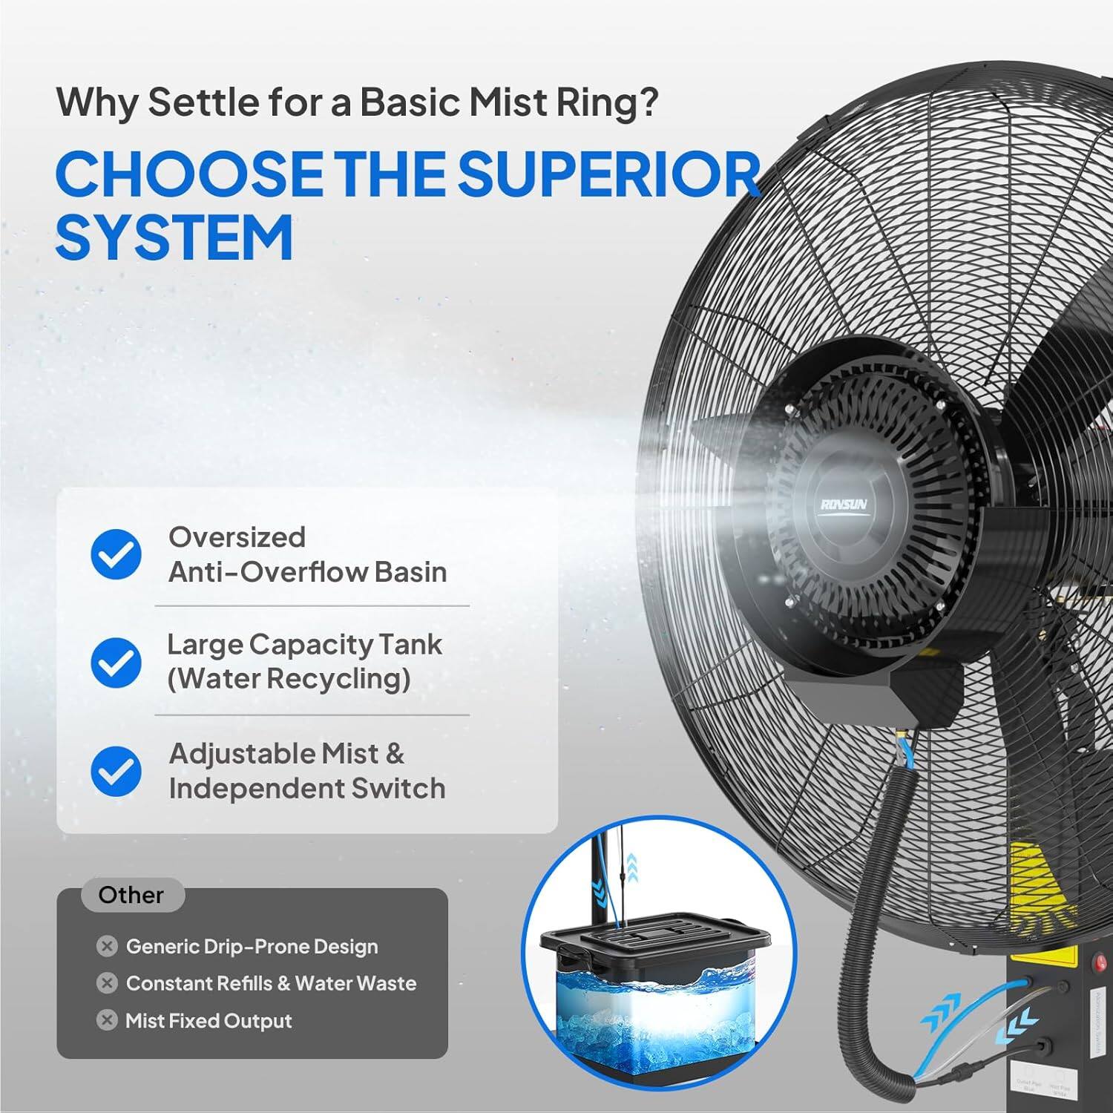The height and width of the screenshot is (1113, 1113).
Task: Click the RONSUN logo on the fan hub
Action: pos(844,505)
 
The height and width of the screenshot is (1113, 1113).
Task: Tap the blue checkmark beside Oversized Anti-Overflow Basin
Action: pos(116,554)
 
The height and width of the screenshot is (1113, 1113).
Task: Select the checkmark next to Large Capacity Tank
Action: pos(116,662)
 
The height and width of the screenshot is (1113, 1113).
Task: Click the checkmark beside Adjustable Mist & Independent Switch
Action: pos(116,771)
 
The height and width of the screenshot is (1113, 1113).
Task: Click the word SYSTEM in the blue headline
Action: pos(174,237)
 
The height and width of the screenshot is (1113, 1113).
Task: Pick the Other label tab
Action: pos(131,895)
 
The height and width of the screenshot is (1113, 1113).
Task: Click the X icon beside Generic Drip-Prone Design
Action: pos(107,946)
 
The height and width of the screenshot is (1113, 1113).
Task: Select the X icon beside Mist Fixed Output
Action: pos(107,1020)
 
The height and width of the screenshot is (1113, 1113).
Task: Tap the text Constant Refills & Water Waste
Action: pos(271,983)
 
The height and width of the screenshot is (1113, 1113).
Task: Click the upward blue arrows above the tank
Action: pos(631,866)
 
